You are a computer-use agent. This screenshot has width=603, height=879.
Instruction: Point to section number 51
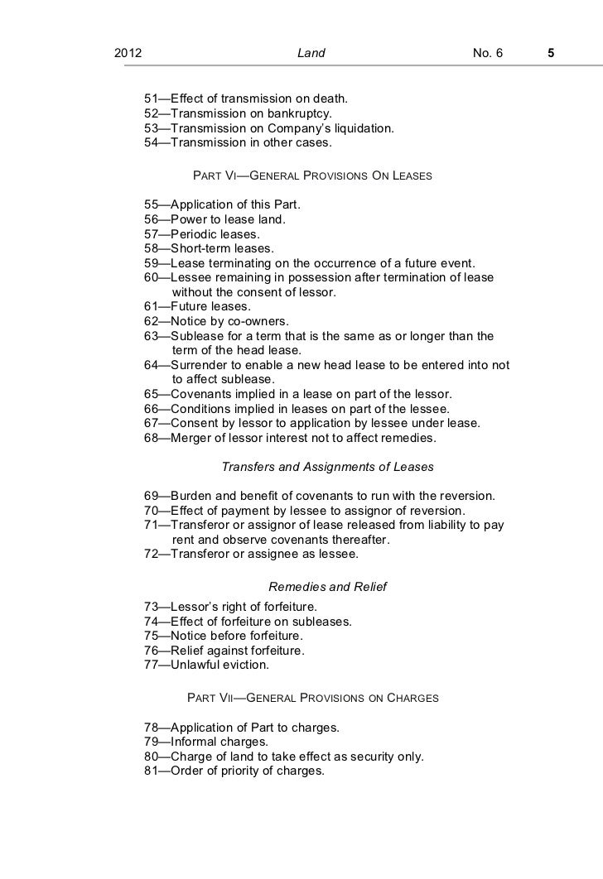[151, 99]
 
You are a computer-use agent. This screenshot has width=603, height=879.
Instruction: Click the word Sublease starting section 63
[199, 335]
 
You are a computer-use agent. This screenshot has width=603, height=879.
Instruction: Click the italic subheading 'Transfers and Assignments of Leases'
[328, 467]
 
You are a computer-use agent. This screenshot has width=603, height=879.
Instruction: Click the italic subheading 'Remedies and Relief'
[328, 587]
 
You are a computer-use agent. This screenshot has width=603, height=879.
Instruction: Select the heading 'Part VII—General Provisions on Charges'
[313, 698]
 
